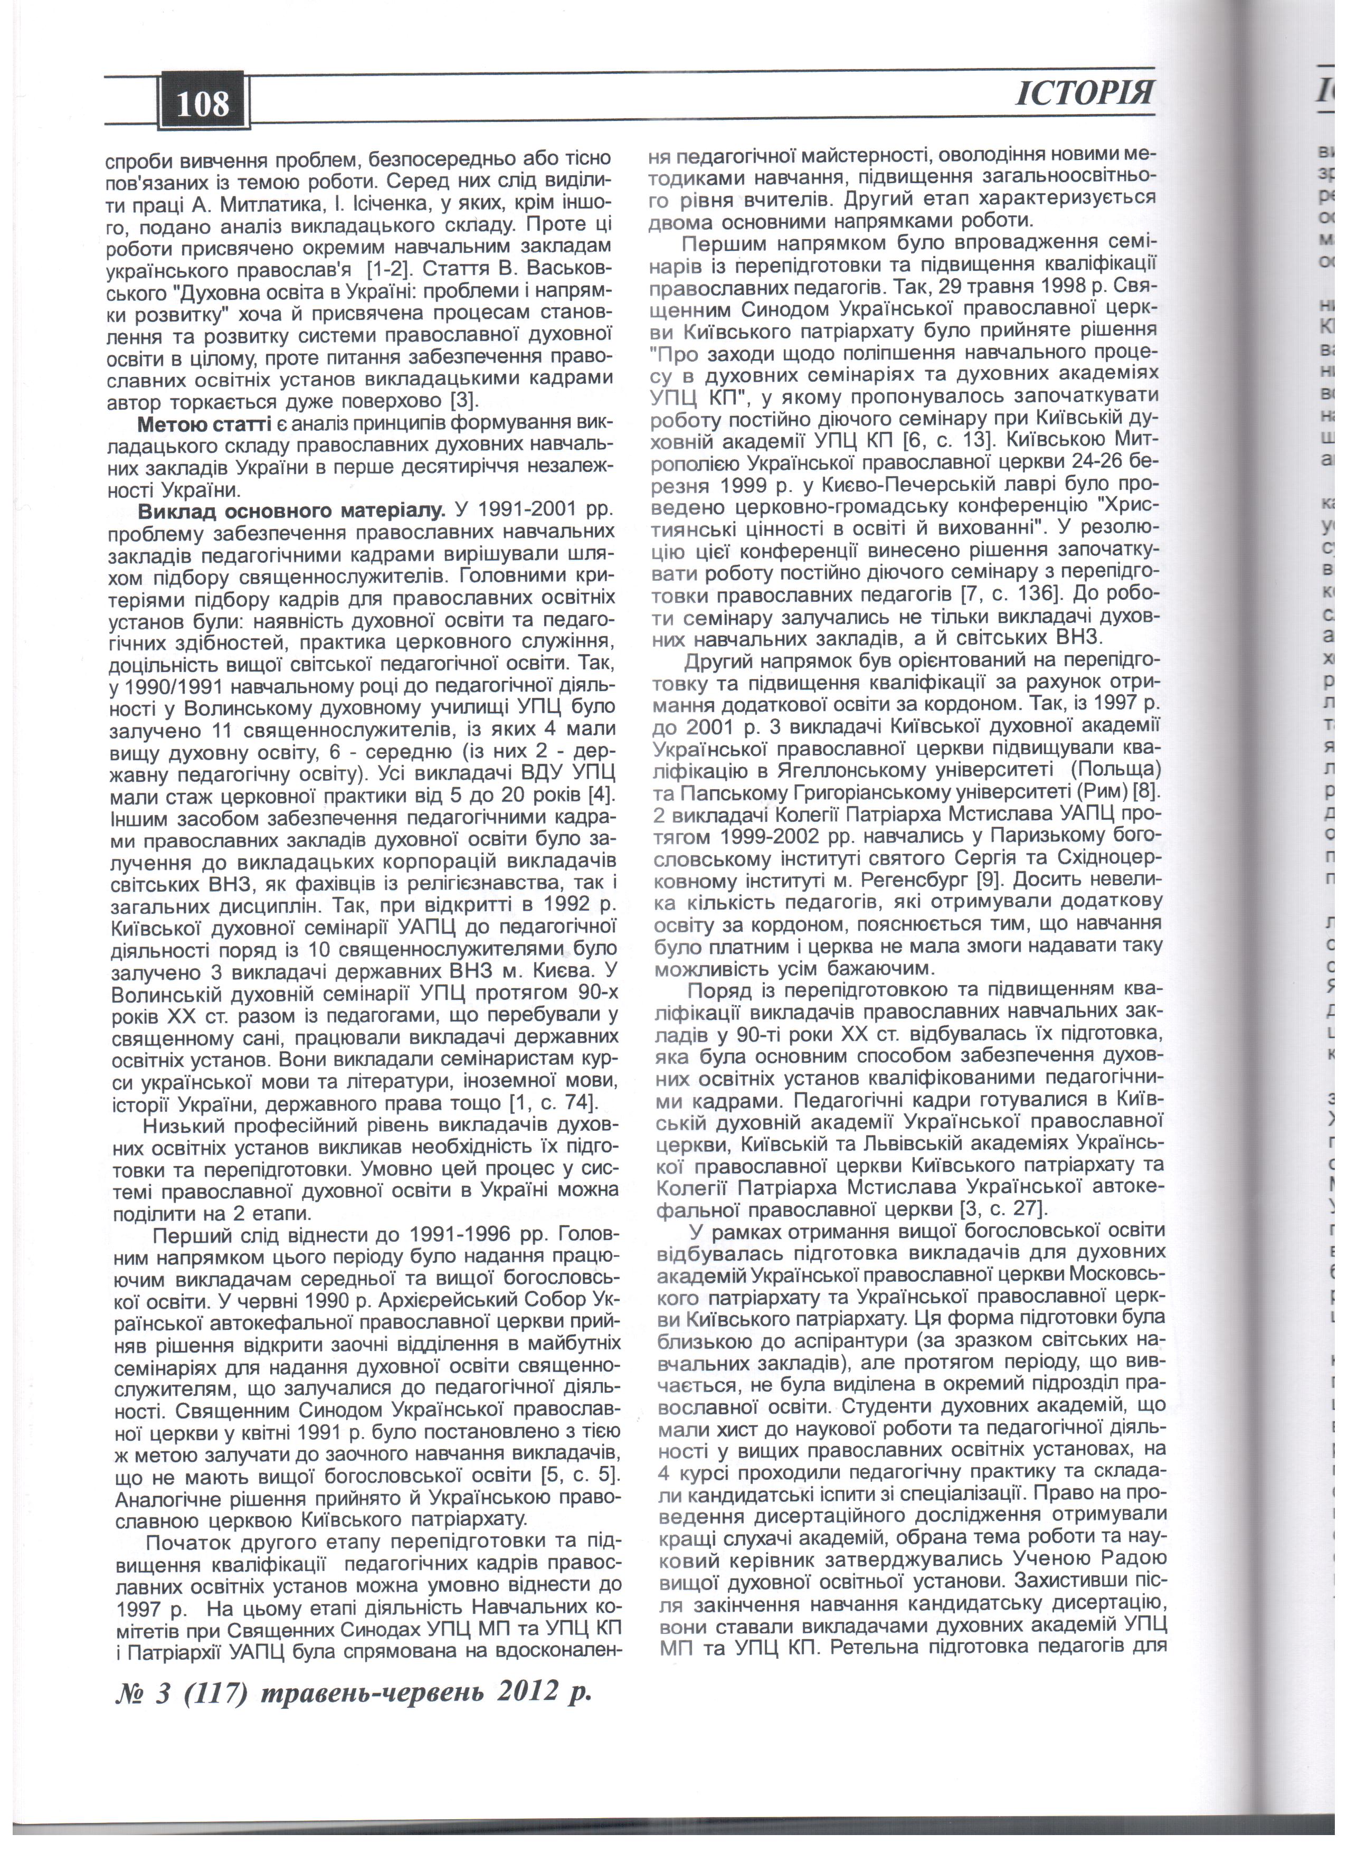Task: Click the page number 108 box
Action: click(x=202, y=105)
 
